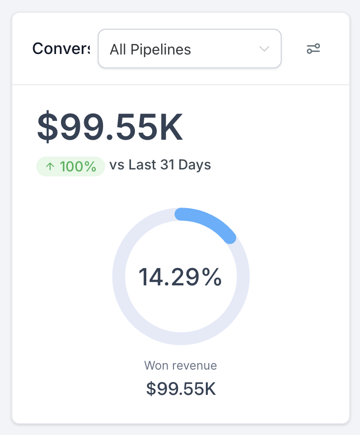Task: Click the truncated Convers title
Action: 60,49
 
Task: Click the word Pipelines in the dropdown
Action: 161,50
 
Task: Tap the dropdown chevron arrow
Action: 264,49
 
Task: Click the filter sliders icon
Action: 313,49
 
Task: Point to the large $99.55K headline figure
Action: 110,127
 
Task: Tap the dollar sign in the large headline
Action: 47,127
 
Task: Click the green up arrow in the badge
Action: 50,167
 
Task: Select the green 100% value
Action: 78,167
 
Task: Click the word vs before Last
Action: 117,165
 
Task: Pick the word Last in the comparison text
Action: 142,165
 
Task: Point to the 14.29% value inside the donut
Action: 180,277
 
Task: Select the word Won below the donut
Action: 156,366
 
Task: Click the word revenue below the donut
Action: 194,366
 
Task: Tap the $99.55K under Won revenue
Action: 181,389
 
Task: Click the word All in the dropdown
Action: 118,50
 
